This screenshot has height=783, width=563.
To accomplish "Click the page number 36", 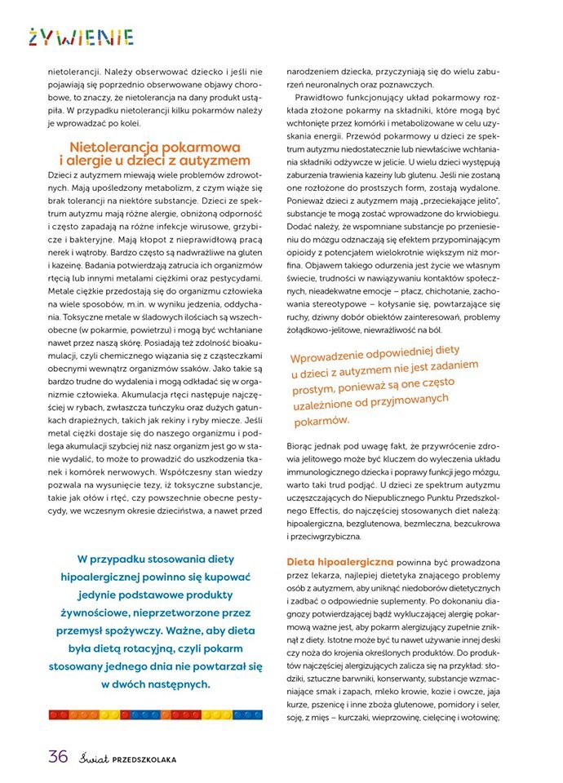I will pos(58,755).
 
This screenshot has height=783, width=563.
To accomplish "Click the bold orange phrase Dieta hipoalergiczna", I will pos(340,562).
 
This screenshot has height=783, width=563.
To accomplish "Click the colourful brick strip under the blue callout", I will pos(155,714).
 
